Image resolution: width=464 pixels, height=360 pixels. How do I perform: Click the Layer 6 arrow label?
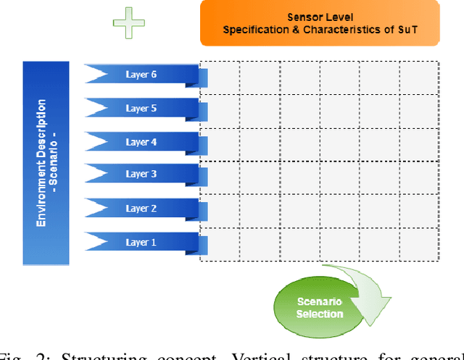point(142,75)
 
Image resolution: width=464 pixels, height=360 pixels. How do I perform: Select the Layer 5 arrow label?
point(142,108)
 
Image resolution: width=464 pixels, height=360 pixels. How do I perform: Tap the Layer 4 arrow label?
point(142,141)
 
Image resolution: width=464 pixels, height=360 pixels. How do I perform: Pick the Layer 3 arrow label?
point(142,174)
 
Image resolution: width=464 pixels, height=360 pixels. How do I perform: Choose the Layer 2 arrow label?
point(142,208)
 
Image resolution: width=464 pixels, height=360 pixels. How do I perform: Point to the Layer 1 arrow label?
point(142,241)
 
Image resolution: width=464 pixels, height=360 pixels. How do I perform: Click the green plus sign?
point(129,22)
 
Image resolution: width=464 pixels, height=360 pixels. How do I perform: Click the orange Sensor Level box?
point(320,22)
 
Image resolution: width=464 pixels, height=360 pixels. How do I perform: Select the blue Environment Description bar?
point(46,162)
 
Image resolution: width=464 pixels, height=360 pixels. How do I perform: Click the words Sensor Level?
point(320,16)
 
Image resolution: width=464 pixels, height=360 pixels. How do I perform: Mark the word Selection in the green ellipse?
point(320,314)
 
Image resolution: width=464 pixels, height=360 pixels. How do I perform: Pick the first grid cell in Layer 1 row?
point(220,243)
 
